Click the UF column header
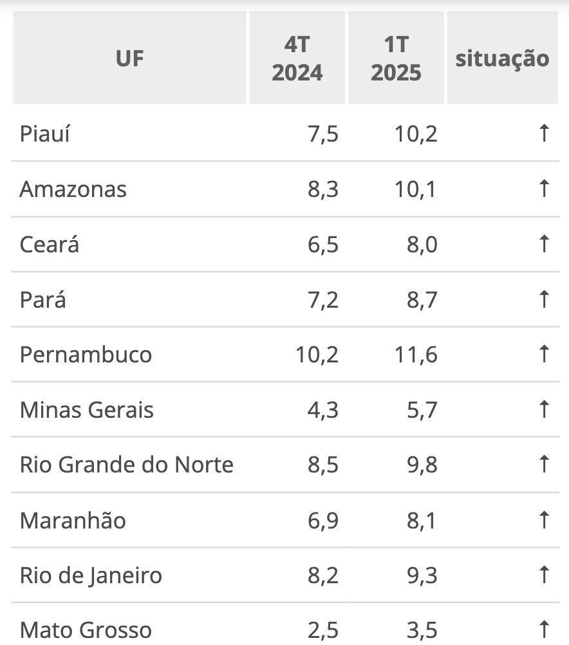click(x=129, y=58)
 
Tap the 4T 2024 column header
click(x=297, y=58)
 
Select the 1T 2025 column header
click(x=396, y=58)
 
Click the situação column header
click(x=502, y=58)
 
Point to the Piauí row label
click(x=45, y=134)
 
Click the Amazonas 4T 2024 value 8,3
click(x=322, y=189)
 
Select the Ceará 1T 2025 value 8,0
click(x=422, y=245)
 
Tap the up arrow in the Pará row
click(x=544, y=299)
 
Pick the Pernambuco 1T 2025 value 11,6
click(x=416, y=355)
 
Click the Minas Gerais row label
click(x=87, y=410)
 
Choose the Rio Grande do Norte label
click(x=127, y=465)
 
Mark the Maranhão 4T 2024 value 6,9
click(x=322, y=520)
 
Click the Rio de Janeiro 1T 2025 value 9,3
click(x=422, y=575)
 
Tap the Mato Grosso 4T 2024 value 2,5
click(x=322, y=630)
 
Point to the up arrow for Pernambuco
click(x=544, y=355)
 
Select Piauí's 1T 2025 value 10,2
click(x=416, y=134)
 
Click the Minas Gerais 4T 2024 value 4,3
click(x=322, y=410)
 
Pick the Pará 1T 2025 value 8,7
click(x=422, y=299)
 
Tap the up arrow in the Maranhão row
click(x=544, y=520)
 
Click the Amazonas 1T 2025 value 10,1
click(x=416, y=189)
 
